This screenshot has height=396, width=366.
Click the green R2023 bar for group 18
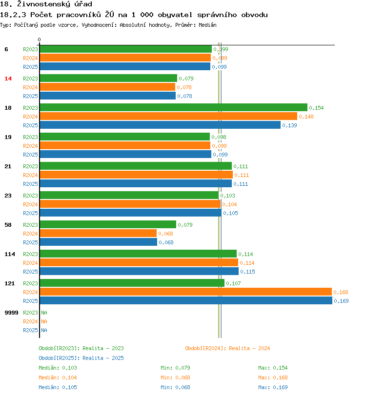click(x=173, y=108)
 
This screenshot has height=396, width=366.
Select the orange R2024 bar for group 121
click(x=185, y=292)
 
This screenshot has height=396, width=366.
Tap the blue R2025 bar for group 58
click(x=98, y=242)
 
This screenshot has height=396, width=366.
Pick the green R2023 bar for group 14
click(x=108, y=79)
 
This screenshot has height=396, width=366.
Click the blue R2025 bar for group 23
click(x=130, y=213)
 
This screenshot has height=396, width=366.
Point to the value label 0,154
click(x=316, y=108)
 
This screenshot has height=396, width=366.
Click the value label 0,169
click(x=341, y=301)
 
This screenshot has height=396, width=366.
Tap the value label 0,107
click(x=233, y=283)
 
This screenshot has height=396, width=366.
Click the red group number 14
click(x=8, y=79)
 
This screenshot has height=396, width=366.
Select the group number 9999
click(x=11, y=313)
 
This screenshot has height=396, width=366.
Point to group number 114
click(x=9, y=254)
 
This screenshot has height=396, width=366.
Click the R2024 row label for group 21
click(x=30, y=175)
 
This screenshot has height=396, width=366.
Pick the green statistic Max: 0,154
click(x=273, y=368)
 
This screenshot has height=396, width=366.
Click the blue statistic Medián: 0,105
click(x=58, y=387)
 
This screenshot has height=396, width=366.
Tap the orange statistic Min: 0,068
click(x=175, y=377)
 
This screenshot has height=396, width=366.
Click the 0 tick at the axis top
click(x=40, y=40)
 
